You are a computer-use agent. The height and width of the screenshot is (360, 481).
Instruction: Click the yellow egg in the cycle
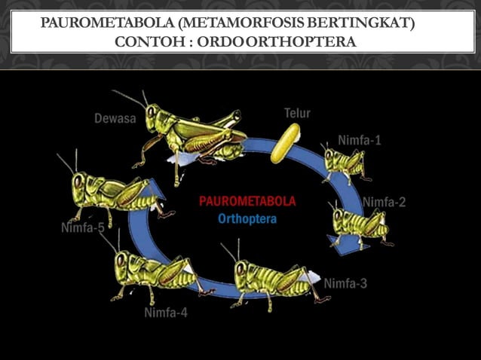click(x=285, y=143)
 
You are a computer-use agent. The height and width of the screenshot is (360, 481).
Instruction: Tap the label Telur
click(x=297, y=114)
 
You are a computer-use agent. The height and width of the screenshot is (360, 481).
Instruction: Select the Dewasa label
click(x=115, y=118)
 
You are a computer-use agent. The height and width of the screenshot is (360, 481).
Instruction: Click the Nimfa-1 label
click(x=359, y=140)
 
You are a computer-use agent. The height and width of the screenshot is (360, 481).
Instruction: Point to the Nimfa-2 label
click(x=384, y=202)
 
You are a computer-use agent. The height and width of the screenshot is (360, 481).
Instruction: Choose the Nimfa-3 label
click(x=345, y=283)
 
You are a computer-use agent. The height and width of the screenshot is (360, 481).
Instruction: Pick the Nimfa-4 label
click(x=166, y=313)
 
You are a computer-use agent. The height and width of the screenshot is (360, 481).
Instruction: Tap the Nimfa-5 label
click(x=83, y=227)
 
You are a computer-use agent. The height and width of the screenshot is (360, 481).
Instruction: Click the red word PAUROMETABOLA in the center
click(x=247, y=201)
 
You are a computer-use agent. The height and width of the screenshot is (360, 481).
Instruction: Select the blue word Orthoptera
click(x=247, y=219)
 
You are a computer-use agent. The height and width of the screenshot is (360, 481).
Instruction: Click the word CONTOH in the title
click(x=150, y=42)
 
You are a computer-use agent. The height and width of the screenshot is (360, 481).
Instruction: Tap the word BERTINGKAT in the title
click(x=361, y=23)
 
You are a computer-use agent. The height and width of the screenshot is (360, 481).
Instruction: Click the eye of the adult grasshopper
click(x=151, y=112)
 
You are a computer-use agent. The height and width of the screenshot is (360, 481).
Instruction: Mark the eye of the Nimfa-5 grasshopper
click(x=78, y=182)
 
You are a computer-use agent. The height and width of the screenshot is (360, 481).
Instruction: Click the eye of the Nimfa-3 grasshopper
click(x=240, y=270)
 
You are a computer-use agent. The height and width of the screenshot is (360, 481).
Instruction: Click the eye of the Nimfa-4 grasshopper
click(x=121, y=260)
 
